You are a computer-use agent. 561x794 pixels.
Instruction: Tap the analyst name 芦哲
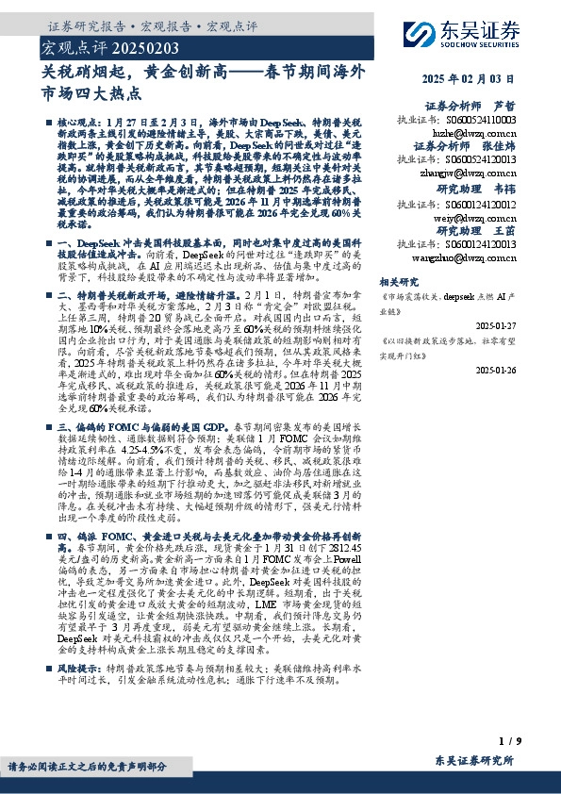tap(504, 107)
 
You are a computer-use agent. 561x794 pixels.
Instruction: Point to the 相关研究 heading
tap(421, 281)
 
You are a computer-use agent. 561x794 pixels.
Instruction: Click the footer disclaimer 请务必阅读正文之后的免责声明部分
tap(82, 767)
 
